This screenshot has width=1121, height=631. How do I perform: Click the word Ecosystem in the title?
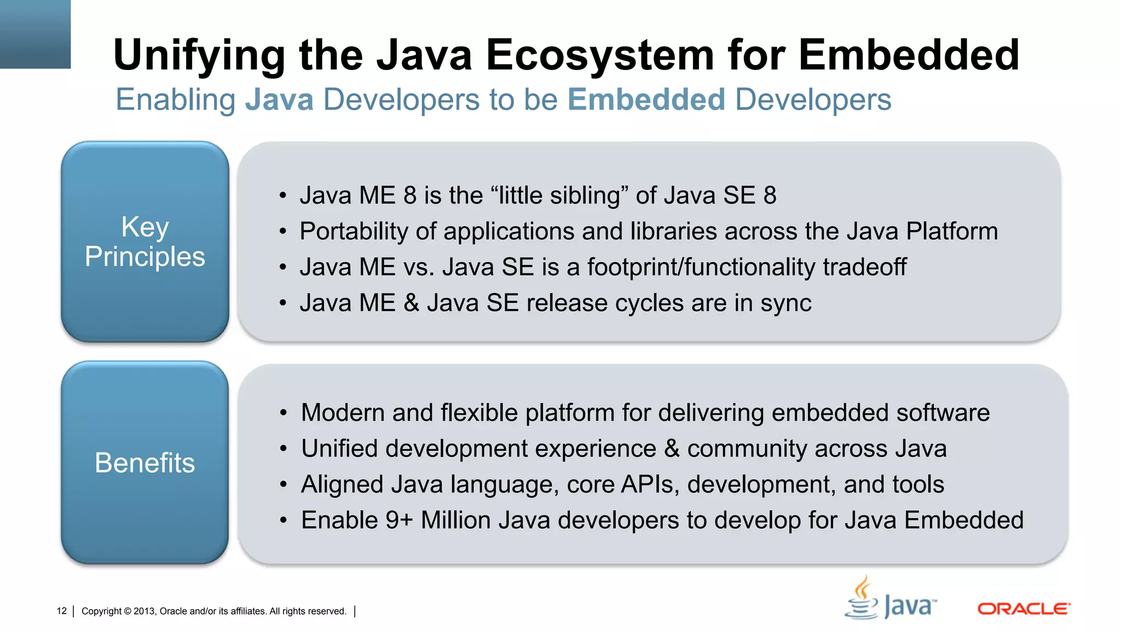click(600, 55)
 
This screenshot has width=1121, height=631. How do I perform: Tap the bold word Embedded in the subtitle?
click(646, 100)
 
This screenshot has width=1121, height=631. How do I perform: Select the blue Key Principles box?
click(145, 242)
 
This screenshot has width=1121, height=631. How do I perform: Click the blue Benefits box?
click(145, 462)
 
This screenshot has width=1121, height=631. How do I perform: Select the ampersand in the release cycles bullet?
click(411, 303)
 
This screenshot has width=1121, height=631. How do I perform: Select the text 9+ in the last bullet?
click(398, 520)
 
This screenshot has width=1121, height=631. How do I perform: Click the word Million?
click(455, 520)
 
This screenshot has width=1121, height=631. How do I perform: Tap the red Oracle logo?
click(1024, 609)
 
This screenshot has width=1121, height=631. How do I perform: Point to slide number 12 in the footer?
click(61, 611)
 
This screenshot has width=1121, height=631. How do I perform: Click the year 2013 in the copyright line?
click(144, 611)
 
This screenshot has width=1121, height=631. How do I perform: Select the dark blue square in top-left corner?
click(35, 34)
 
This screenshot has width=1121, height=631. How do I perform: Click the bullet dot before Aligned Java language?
click(283, 485)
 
